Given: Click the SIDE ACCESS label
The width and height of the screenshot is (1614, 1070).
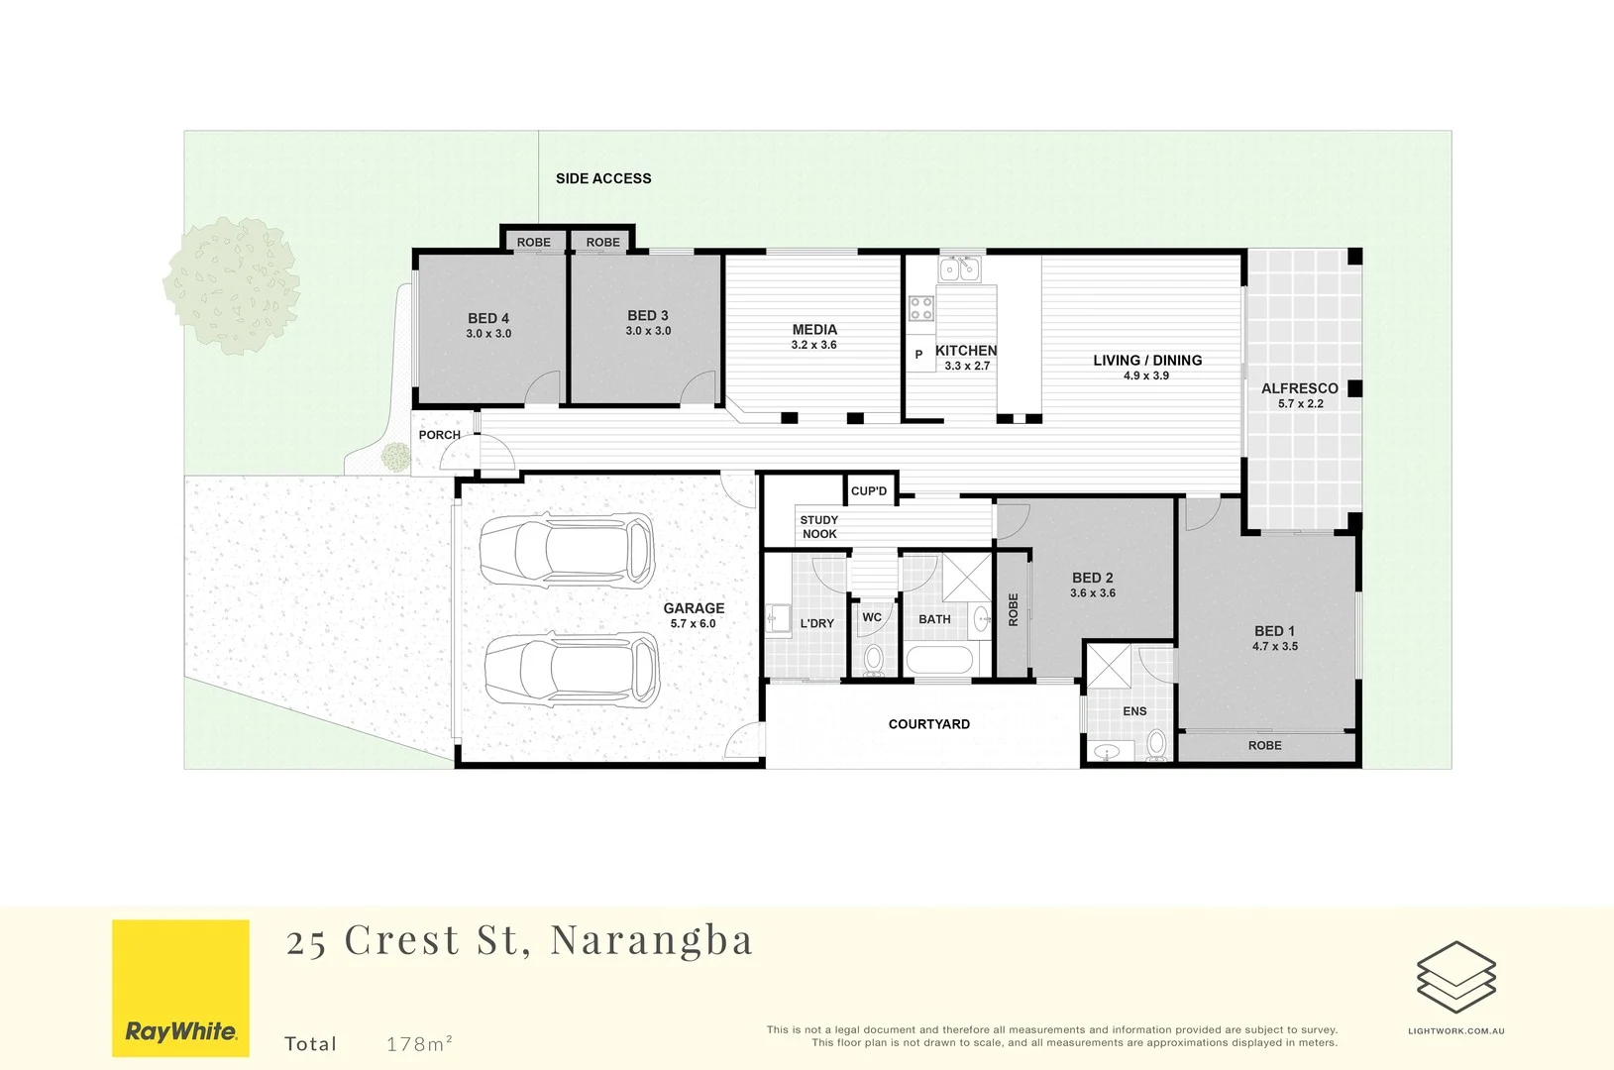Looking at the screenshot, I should pos(603,178).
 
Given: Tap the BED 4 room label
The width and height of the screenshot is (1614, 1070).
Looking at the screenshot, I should pos(488,318).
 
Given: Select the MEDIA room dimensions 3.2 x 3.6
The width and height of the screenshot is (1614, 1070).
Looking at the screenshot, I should pos(813,345).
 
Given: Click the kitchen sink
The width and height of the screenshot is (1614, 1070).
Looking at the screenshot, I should pos(959,268).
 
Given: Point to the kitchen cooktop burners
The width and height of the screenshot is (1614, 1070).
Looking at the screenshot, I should pos(921,308).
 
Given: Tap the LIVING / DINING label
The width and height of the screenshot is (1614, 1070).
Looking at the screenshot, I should pos(1147,361).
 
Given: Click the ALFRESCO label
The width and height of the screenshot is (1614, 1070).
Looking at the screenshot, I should pos(1299,388).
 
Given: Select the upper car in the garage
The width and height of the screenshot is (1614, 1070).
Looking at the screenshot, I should pos(567,550).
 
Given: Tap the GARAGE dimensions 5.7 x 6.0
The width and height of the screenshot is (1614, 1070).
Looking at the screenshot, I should pos(693,623).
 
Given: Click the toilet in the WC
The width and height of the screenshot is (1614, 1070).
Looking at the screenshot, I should pos(873,657).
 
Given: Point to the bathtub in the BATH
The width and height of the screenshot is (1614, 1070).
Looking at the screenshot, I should pos(940,660).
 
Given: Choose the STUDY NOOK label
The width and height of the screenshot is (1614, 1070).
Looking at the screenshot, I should pos(819,527).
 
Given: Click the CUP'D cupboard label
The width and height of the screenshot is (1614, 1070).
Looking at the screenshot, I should pos(869,491).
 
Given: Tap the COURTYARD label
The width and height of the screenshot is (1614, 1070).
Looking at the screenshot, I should pos(928,724).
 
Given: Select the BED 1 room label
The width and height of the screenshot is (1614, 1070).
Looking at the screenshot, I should pos(1274,631).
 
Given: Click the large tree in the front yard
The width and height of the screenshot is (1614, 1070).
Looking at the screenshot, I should pos(232,286).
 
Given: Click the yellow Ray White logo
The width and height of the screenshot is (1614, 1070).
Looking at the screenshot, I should pos(180,988).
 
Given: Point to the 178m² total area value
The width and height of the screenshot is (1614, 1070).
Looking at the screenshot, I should pos(419,1043).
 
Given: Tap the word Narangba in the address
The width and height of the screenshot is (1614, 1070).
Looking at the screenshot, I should pos(651,940).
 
